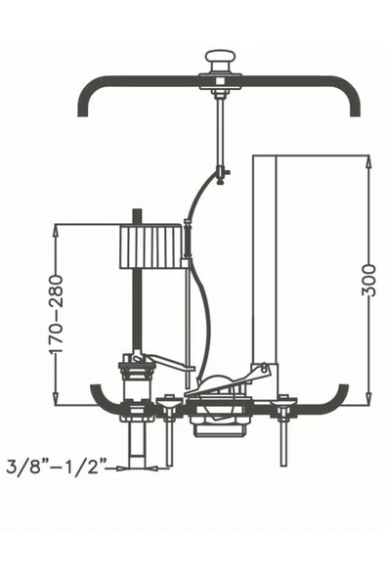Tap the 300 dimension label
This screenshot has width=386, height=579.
(x=368, y=281)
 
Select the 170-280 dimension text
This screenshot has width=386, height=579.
(x=57, y=314)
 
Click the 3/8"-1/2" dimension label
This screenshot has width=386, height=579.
(x=57, y=467)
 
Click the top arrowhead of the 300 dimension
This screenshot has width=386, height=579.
(x=368, y=162)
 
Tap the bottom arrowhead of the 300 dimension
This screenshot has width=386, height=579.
(x=368, y=398)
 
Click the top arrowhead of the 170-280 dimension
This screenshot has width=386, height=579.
(x=56, y=232)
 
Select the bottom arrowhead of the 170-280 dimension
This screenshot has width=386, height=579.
(x=56, y=398)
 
